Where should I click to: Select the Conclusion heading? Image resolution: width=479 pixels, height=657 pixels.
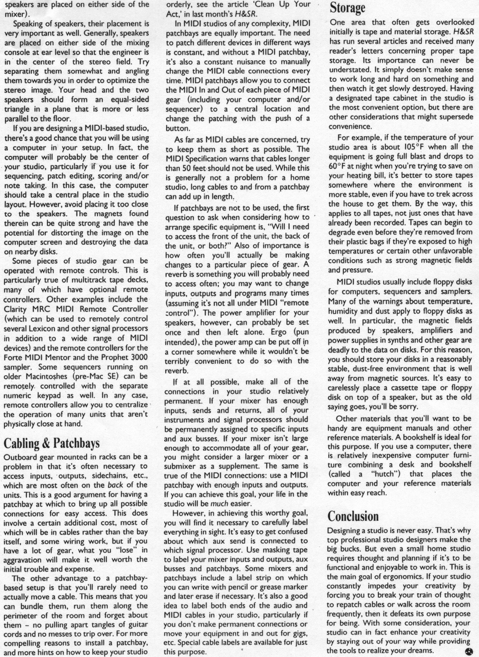coord(353,516)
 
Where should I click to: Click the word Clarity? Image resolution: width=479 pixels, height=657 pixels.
coord(16,309)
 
